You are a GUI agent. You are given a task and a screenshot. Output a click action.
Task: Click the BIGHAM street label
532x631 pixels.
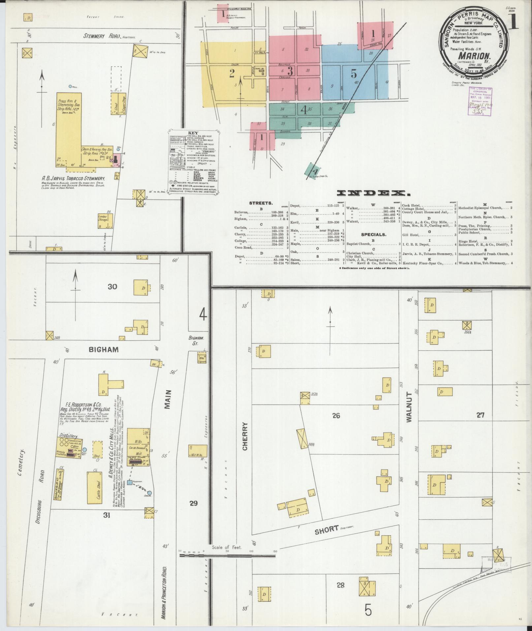click(103, 349)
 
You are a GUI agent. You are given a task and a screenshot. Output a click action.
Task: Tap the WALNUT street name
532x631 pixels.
click(409, 407)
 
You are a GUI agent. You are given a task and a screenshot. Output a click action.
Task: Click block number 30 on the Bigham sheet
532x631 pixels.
click(112, 287)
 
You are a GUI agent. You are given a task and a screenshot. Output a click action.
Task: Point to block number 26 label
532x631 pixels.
click(336, 416)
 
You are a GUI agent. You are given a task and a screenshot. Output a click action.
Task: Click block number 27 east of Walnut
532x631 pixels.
click(480, 415)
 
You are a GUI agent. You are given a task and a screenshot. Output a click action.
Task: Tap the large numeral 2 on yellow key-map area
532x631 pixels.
click(232, 73)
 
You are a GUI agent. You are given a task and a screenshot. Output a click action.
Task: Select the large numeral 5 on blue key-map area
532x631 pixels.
click(354, 73)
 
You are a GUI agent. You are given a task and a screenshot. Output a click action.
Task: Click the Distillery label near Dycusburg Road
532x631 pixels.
click(68, 435)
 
